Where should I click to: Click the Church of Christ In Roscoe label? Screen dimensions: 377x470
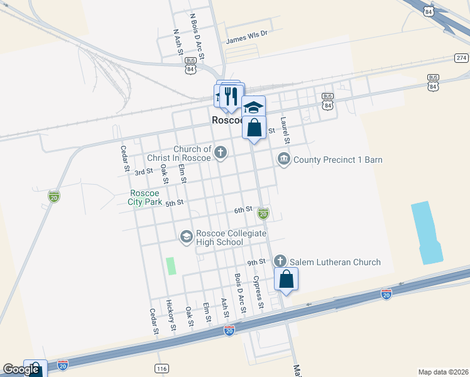point(179,154)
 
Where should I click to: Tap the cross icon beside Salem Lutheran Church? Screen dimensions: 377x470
point(280,261)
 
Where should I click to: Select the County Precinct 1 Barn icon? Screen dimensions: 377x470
point(283,159)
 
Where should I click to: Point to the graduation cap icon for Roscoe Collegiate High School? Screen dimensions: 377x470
point(186,237)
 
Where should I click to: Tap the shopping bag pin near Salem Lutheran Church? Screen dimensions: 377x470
point(286,280)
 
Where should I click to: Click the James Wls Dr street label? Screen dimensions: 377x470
point(246,38)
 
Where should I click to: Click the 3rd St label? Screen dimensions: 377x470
point(144,172)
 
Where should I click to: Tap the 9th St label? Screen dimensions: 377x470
point(256,261)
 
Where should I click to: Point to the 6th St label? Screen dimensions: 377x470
point(243,209)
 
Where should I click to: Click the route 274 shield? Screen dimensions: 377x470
point(462,58)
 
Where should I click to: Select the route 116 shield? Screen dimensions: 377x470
point(162,368)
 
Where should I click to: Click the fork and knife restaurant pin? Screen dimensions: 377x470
point(231,96)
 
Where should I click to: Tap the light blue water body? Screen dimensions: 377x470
point(427,232)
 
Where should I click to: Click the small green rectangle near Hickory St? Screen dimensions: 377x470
point(170,266)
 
